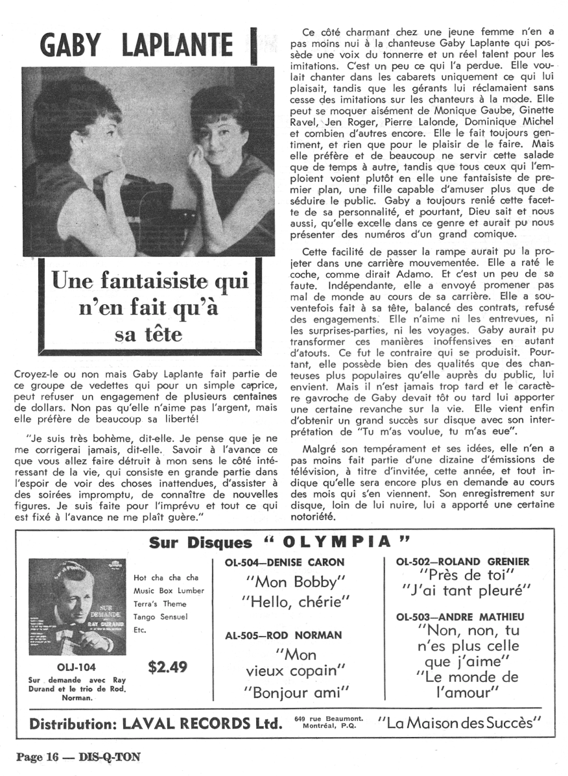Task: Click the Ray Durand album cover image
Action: [78, 607]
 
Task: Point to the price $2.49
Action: [167, 666]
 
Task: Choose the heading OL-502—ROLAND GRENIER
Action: [464, 561]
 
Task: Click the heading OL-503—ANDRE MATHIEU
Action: [461, 616]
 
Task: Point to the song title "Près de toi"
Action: [467, 575]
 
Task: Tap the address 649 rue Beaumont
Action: [328, 718]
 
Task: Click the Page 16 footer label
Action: [38, 757]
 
